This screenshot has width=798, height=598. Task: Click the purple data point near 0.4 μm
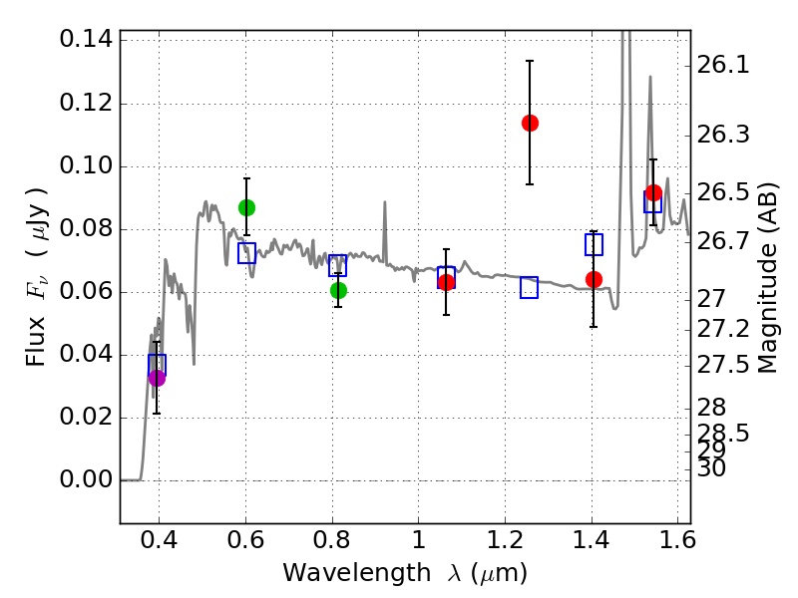[x=157, y=377]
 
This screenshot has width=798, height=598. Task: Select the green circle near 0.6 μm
[x=246, y=207]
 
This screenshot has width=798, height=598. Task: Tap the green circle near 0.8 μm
[x=338, y=290]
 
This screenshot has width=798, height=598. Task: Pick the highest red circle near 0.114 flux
[x=530, y=123]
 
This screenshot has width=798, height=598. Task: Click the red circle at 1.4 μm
[x=594, y=279]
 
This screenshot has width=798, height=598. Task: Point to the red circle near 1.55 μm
[x=653, y=192]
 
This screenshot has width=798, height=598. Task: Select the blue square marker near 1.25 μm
[x=529, y=287]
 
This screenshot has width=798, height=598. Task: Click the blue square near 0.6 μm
[x=246, y=253]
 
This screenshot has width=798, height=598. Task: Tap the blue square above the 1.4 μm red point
[x=594, y=244]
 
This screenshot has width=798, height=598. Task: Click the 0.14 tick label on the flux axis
[x=85, y=41]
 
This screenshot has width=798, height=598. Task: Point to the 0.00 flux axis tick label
[x=85, y=480]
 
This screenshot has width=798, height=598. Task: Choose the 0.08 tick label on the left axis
[x=85, y=229]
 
